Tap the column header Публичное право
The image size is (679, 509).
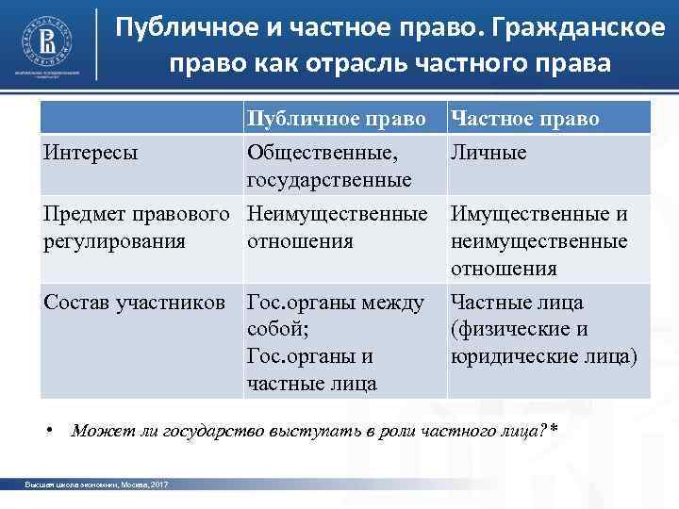334,119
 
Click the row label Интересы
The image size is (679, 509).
89,152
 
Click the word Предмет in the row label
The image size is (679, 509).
84,214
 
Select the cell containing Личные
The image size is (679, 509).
489,152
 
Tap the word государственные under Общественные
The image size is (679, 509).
328,179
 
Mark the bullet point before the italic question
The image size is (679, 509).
55,431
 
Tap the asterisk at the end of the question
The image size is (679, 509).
554,429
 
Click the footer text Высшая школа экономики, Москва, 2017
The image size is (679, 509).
97,484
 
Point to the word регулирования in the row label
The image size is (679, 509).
114,241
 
